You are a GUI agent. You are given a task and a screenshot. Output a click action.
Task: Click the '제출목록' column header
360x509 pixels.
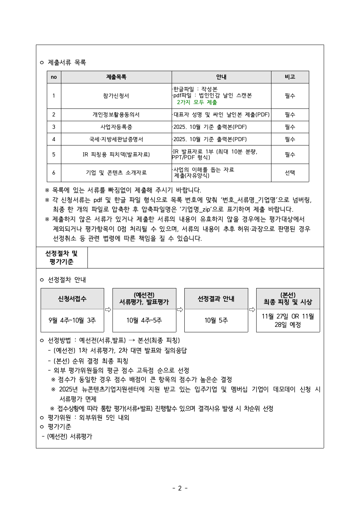(x=116, y=77)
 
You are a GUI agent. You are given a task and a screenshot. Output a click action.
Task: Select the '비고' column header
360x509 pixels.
(x=290, y=77)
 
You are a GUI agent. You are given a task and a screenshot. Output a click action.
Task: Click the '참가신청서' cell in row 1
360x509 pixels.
(x=116, y=96)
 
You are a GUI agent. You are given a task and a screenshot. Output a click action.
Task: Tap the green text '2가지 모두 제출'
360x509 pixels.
(x=197, y=102)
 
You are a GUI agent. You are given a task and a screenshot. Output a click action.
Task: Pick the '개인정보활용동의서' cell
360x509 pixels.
(x=116, y=115)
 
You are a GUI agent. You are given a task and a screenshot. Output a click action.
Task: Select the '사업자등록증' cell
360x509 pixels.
(x=116, y=127)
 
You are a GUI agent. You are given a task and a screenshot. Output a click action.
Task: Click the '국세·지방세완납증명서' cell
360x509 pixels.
(x=116, y=139)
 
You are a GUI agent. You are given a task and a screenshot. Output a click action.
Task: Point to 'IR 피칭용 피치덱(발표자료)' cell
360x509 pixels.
(x=116, y=155)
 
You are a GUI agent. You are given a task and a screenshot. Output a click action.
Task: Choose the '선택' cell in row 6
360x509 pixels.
(x=290, y=173)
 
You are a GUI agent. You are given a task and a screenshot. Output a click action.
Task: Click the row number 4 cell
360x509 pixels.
(x=54, y=139)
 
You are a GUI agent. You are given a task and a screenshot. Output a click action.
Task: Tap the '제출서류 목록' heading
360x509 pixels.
(x=67, y=62)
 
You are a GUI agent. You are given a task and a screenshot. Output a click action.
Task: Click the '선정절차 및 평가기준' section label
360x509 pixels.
(x=61, y=257)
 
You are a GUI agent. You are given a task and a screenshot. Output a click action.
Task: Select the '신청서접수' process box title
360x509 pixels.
(x=72, y=299)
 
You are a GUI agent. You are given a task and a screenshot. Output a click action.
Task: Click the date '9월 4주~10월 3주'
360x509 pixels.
(x=72, y=320)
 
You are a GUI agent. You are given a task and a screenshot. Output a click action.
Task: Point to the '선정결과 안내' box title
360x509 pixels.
(x=216, y=299)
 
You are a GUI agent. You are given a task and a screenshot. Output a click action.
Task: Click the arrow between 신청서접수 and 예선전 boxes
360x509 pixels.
(x=108, y=309)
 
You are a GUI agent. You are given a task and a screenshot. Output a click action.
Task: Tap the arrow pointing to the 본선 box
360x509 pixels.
(x=252, y=309)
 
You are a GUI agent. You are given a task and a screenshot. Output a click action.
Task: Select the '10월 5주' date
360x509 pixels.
(x=216, y=320)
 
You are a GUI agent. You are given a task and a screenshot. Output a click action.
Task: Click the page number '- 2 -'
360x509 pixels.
(x=180, y=488)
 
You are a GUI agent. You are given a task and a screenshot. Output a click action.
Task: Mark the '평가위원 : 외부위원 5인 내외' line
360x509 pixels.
(x=89, y=418)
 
